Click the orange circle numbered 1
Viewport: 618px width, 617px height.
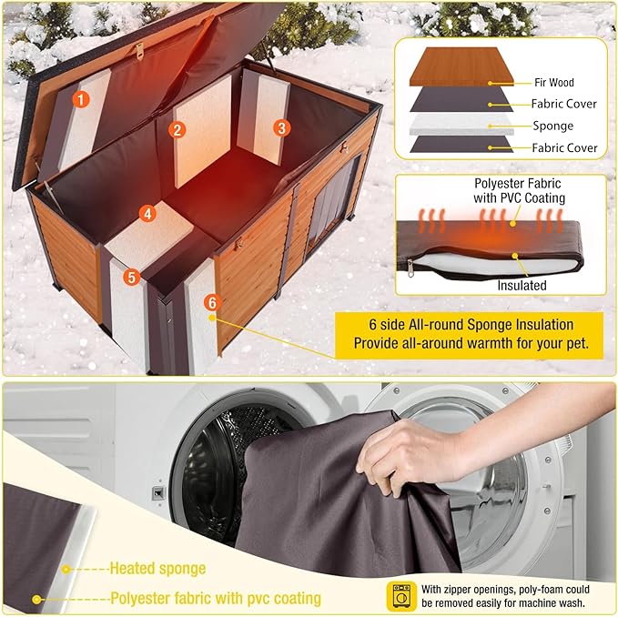[x=81, y=99]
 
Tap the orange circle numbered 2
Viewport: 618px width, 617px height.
[x=177, y=129]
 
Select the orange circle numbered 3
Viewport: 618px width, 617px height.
[x=282, y=128]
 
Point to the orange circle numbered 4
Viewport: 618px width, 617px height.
[x=147, y=213]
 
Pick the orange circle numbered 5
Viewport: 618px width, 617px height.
[x=132, y=276]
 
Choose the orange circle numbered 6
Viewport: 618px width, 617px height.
[x=211, y=301]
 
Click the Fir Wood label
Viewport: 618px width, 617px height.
[x=553, y=82]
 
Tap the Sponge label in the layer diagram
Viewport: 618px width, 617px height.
[x=553, y=126]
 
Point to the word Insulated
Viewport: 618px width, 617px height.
[x=522, y=285]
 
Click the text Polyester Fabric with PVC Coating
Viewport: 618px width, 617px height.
[x=519, y=190]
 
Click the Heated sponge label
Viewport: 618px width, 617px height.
[x=157, y=569]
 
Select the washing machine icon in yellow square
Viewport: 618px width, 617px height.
[x=401, y=596]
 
